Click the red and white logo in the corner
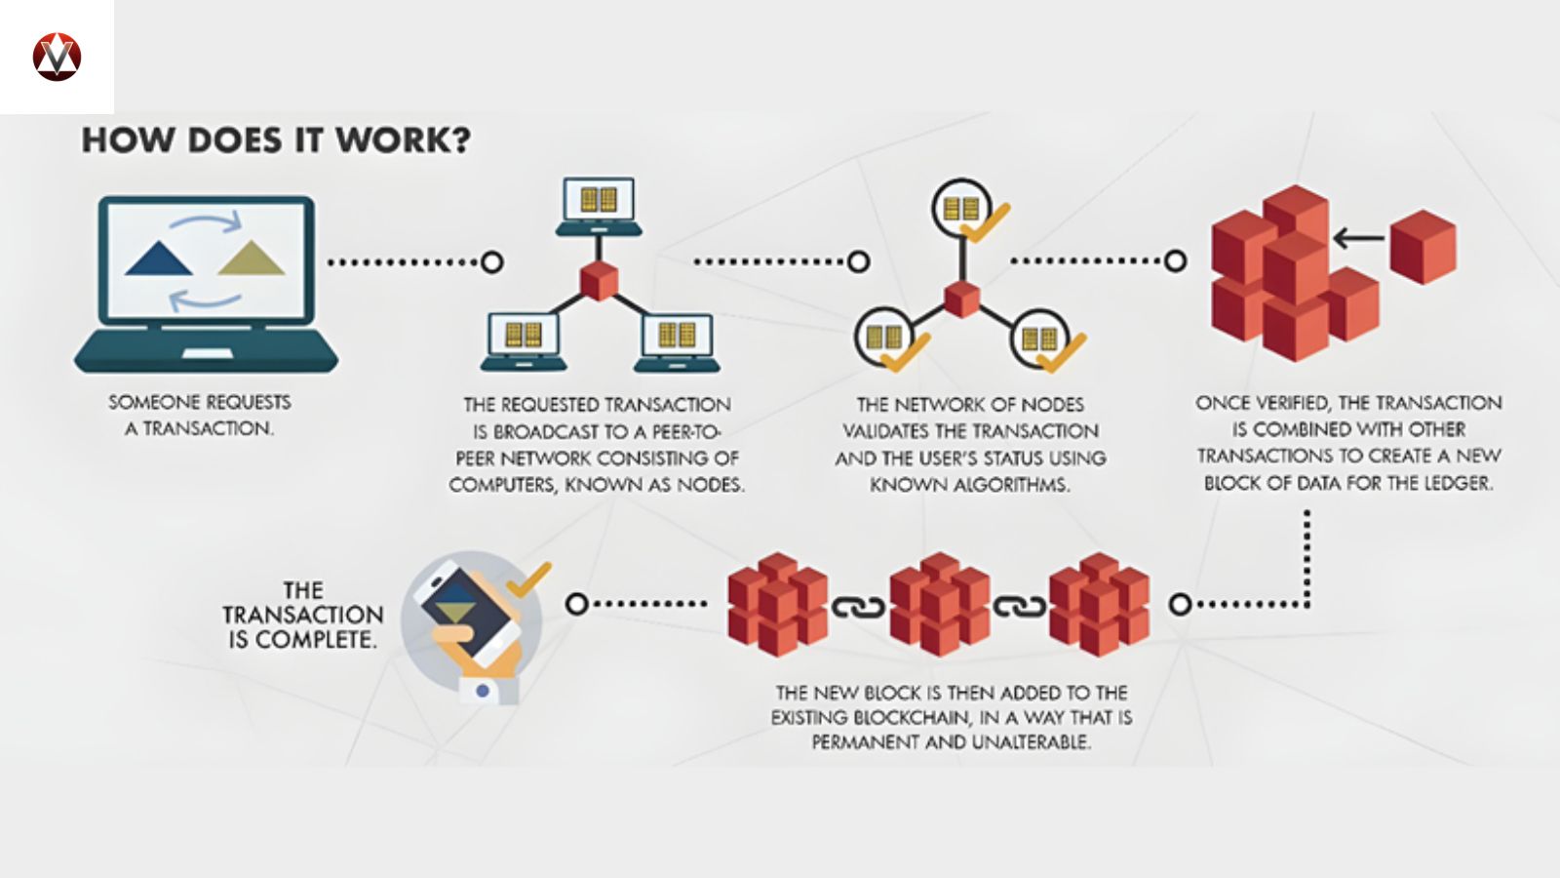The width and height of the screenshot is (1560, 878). [57, 56]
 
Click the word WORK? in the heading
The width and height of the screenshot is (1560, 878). [403, 140]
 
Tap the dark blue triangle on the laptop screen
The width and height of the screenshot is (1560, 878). [159, 259]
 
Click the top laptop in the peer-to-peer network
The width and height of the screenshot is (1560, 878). [599, 206]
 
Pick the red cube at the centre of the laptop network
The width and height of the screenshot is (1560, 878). [599, 281]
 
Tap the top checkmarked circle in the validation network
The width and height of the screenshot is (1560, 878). [963, 209]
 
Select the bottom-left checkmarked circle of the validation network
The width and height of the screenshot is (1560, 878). [885, 338]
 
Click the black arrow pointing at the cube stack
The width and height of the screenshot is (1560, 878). [1358, 237]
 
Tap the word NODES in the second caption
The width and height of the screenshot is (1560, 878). [710, 485]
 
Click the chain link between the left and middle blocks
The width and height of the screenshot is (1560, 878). [858, 607]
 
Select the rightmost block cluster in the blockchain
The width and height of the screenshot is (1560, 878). [1100, 604]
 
